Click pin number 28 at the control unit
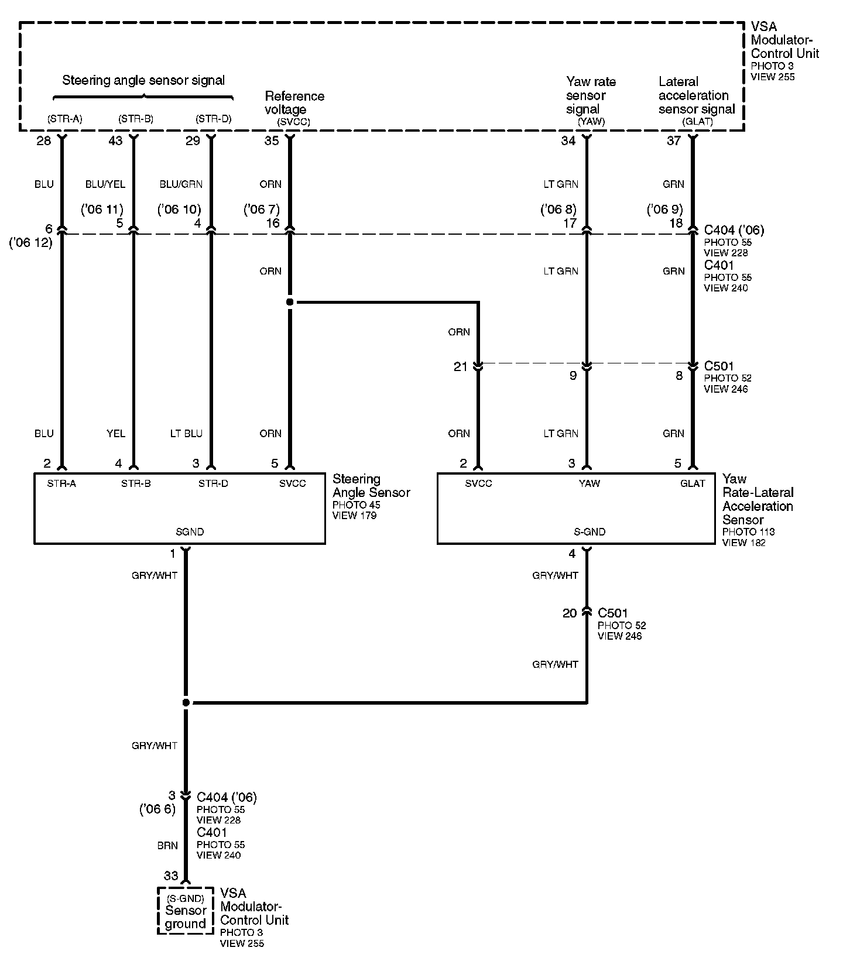(44, 140)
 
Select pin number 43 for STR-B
(115, 140)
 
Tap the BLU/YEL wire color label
(105, 184)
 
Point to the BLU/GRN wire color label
(181, 184)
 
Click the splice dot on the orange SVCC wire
(289, 302)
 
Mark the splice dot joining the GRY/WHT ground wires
(186, 702)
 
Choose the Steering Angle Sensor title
(371, 486)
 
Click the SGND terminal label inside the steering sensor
(190, 532)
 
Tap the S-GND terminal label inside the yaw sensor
(590, 532)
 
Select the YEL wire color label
(116, 434)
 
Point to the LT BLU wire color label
(186, 434)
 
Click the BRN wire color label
(167, 846)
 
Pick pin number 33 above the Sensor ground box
(170, 876)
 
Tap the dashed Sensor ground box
(185, 911)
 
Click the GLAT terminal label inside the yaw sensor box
(693, 483)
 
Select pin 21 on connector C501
(461, 367)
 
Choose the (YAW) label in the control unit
(591, 122)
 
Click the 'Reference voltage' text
(294, 102)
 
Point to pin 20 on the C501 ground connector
(570, 613)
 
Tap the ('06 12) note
(31, 242)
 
